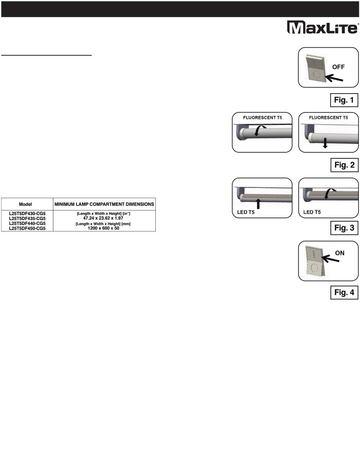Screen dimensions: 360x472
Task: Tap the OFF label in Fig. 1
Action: pyautogui.click(x=339, y=66)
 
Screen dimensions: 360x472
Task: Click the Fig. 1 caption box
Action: pyautogui.click(x=344, y=100)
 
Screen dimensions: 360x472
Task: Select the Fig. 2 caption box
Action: pyautogui.click(x=344, y=165)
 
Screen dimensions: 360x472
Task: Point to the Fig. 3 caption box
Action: pyautogui.click(x=344, y=228)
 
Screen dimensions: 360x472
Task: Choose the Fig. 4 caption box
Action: pyautogui.click(x=344, y=292)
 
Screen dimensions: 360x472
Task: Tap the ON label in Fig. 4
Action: pyautogui.click(x=340, y=253)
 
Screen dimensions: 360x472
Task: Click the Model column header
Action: pyautogui.click(x=25, y=204)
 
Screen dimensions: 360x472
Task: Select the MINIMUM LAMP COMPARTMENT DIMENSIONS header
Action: pyautogui.click(x=104, y=204)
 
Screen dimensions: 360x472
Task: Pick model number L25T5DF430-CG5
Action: pyautogui.click(x=27, y=214)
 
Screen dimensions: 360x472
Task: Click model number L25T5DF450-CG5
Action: pyautogui.click(x=27, y=228)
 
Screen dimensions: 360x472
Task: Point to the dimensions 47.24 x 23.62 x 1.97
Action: pyautogui.click(x=103, y=219)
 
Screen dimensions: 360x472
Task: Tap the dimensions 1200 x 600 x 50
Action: pyautogui.click(x=103, y=228)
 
